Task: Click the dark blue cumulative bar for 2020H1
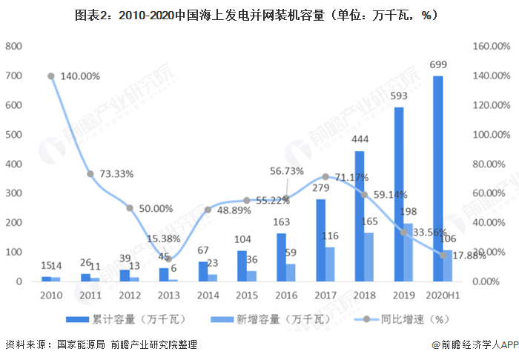point(438,179)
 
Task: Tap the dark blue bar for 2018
point(360,216)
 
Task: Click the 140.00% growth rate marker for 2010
point(51,76)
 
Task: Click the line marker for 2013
point(169,259)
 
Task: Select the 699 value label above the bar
point(437,66)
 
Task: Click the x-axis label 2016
point(286,295)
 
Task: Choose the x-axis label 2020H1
point(443,295)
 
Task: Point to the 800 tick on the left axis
point(13,46)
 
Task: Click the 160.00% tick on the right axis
point(492,46)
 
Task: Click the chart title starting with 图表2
point(259,14)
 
